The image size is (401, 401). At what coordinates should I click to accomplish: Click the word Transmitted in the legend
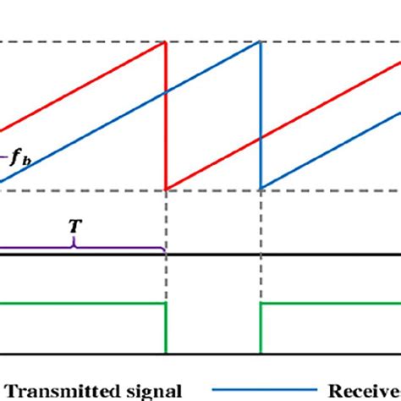[64, 390]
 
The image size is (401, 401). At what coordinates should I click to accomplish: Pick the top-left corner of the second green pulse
[261, 304]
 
